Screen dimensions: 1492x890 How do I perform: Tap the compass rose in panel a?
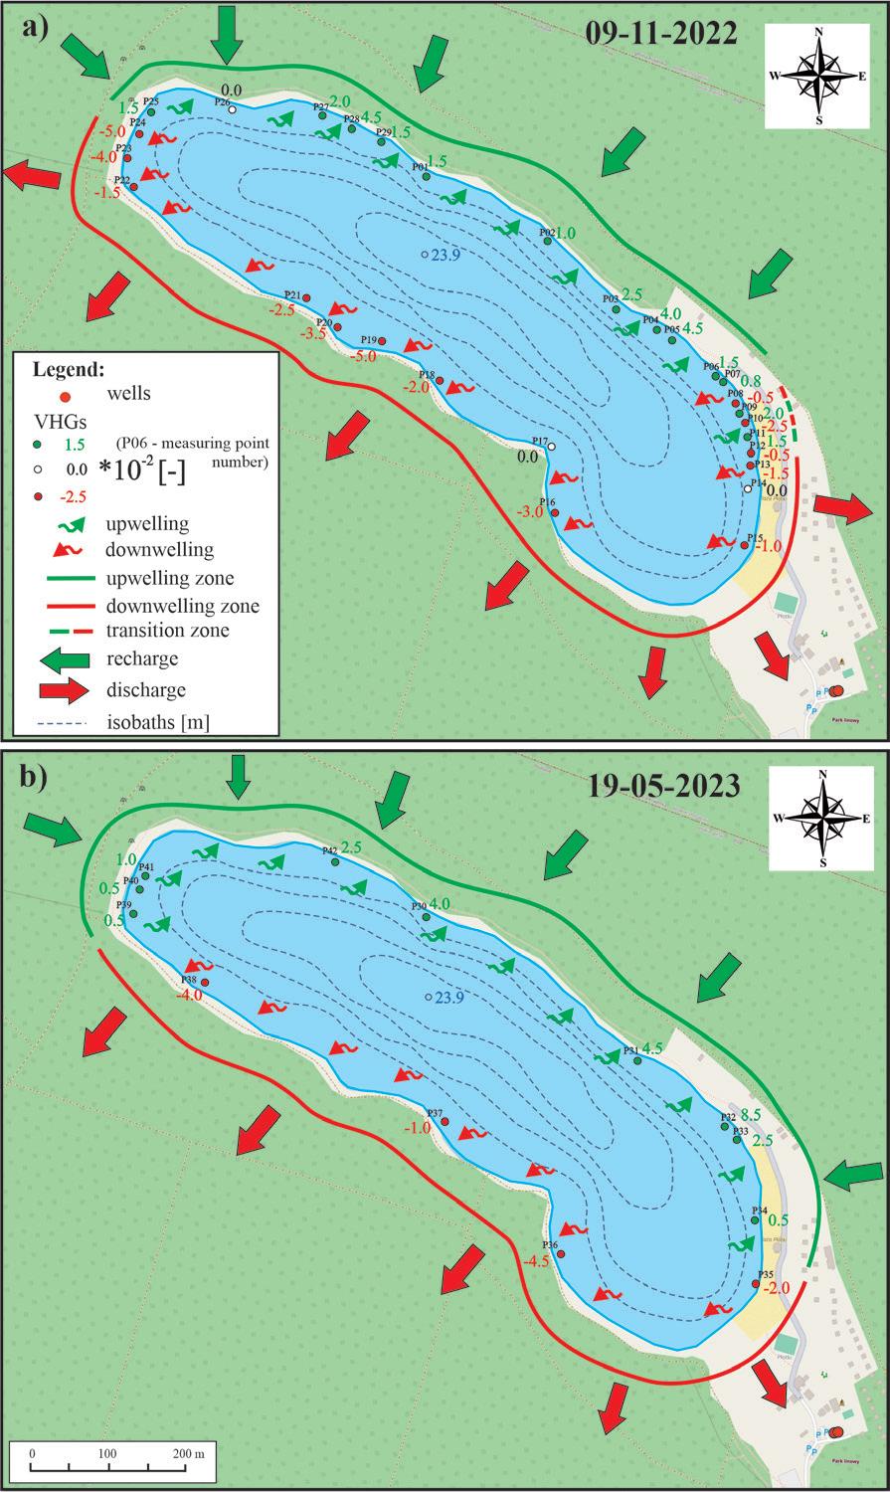pos(818,76)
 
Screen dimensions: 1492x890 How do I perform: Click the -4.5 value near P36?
pos(536,1262)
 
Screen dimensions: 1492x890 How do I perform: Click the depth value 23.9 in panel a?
pos(444,255)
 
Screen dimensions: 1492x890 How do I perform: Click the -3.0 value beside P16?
pos(530,511)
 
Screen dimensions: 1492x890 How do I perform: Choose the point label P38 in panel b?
pos(188,979)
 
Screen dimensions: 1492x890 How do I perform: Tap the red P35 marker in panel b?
pos(756,1284)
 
